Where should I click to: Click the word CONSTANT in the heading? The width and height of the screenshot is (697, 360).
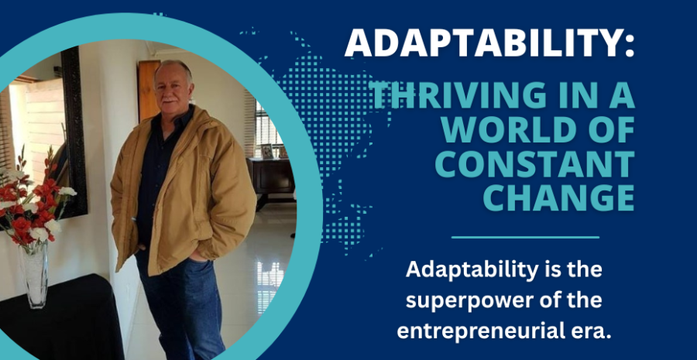pyautogui.click(x=535, y=163)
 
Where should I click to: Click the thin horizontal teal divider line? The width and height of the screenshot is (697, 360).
pyautogui.click(x=525, y=238)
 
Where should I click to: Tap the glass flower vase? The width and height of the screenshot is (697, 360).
pyautogui.click(x=35, y=276)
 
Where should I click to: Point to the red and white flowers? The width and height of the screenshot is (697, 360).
pyautogui.click(x=33, y=204)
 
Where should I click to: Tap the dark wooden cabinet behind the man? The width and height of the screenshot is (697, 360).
pyautogui.click(x=271, y=178)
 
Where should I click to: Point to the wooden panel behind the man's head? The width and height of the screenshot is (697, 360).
pyautogui.click(x=148, y=89)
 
